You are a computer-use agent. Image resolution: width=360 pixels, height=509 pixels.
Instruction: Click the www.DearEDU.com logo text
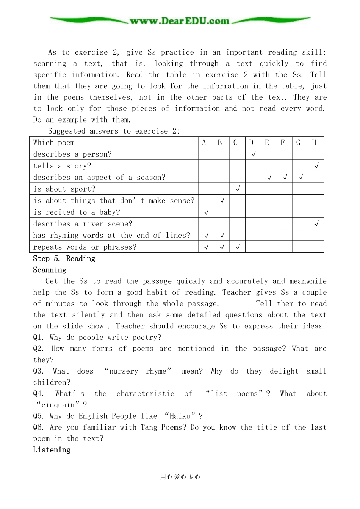coord(179,21)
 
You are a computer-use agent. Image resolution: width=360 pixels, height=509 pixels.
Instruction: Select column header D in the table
coord(251,143)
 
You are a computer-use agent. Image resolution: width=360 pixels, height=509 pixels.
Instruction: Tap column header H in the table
coord(314,143)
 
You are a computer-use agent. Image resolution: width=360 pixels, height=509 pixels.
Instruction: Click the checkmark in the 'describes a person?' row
coord(254,154)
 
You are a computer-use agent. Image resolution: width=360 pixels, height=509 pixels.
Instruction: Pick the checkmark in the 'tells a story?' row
coord(316,166)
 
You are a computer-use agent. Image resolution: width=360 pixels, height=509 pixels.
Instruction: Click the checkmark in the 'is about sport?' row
coord(238,189)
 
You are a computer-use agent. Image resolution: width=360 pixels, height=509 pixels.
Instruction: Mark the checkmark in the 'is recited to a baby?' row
coord(207,212)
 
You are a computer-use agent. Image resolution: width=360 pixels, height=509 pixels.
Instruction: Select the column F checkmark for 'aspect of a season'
coord(285,177)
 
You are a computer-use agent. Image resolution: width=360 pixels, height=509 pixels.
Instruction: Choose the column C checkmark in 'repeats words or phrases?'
coord(238,247)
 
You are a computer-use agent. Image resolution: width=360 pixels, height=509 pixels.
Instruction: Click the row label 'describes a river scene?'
coord(83,224)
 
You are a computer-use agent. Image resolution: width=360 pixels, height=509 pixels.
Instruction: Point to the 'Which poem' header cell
coord(54,143)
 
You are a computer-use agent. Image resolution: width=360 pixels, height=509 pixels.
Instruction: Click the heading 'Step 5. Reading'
coord(64,259)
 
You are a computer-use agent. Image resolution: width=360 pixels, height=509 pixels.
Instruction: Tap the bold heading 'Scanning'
coord(50,270)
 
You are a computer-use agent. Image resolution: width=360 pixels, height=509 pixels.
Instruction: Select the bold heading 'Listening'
coord(52,450)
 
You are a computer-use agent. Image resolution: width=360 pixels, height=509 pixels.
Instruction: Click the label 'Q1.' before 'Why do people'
coord(39,338)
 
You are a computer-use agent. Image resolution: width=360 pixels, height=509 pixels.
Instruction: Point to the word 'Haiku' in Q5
coord(180,416)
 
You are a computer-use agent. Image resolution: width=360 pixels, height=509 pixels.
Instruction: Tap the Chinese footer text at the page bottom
coord(180,477)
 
